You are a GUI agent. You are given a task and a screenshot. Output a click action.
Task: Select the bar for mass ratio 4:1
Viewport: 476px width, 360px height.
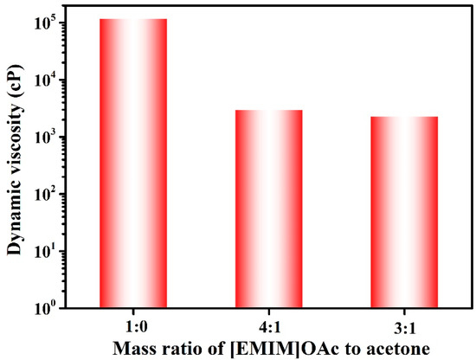(267, 209)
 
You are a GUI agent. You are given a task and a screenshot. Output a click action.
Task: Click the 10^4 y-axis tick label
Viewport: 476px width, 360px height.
(46, 80)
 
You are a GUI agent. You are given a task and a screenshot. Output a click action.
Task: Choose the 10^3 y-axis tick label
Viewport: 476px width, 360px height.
(46, 137)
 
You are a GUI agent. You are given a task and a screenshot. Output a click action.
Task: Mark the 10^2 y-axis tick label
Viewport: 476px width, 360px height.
(46, 194)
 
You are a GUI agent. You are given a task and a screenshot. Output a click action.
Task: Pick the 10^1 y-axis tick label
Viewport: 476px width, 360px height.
(46, 251)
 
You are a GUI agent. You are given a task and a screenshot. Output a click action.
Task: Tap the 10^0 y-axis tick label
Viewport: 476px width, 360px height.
(46, 307)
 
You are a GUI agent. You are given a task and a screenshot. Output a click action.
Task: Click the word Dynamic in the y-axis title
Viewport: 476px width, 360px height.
(15, 221)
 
